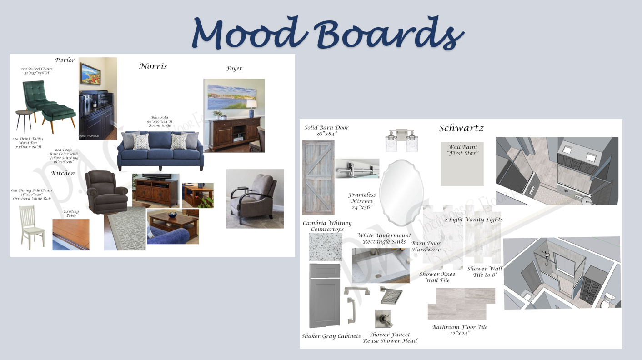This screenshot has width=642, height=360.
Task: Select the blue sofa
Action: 160,150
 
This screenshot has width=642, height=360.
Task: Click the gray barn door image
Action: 318,177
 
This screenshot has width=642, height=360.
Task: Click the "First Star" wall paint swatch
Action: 462,164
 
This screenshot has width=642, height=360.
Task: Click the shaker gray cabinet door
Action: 325,295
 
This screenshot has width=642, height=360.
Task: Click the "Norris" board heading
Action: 153,66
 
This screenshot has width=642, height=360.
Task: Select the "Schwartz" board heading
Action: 461,128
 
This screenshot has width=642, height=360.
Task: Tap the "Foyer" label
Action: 234,69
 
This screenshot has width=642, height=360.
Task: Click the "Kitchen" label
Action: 63,173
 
